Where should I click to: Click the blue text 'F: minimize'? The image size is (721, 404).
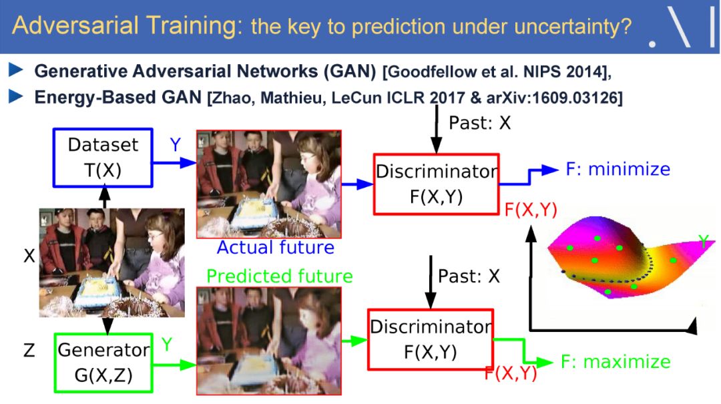(x=618, y=169)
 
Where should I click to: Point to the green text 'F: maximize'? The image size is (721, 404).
(x=616, y=362)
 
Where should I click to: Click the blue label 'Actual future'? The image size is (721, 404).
(x=276, y=248)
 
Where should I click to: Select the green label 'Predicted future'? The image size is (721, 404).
(x=280, y=276)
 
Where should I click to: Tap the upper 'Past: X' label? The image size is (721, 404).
(x=479, y=123)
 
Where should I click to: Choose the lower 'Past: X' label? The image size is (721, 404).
(x=469, y=276)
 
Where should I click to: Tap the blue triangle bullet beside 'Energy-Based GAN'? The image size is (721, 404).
(x=15, y=97)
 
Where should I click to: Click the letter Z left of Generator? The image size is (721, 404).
(x=29, y=351)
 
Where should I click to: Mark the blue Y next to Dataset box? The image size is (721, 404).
(x=175, y=144)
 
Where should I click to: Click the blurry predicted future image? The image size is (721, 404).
(x=269, y=341)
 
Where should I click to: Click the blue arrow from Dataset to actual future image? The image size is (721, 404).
(x=174, y=162)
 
